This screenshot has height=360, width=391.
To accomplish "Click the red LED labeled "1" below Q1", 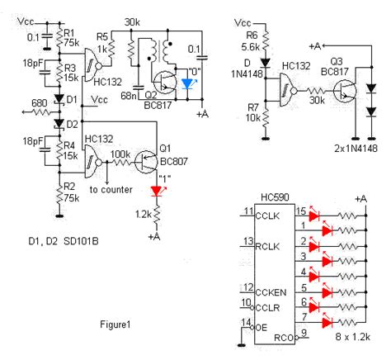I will coord(157,191).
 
